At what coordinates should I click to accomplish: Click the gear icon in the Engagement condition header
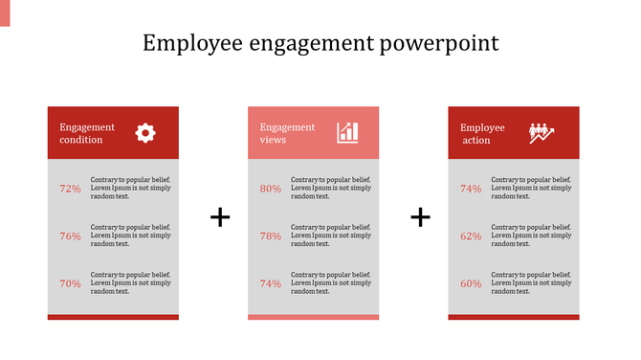click(x=144, y=133)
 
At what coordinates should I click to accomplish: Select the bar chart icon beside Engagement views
click(x=347, y=133)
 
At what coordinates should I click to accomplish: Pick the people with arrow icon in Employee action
click(x=542, y=133)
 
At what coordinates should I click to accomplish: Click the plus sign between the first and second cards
click(x=220, y=217)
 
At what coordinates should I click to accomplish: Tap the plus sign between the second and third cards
click(x=420, y=217)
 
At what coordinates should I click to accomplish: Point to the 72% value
click(x=70, y=189)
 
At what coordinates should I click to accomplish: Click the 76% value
click(x=70, y=236)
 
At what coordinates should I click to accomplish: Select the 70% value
click(x=70, y=283)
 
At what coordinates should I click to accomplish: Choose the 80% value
click(x=271, y=189)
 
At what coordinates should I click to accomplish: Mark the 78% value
click(x=271, y=236)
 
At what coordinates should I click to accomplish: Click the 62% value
click(x=471, y=236)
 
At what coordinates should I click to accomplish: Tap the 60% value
click(x=471, y=283)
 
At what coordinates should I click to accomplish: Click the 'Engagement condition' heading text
click(x=86, y=133)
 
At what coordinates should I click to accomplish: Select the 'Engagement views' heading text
click(x=287, y=133)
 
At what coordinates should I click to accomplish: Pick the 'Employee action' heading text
click(x=482, y=133)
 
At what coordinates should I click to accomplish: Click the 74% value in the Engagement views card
click(x=271, y=283)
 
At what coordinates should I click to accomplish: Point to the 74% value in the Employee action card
click(x=471, y=189)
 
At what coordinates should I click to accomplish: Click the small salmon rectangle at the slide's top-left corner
click(x=5, y=12)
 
